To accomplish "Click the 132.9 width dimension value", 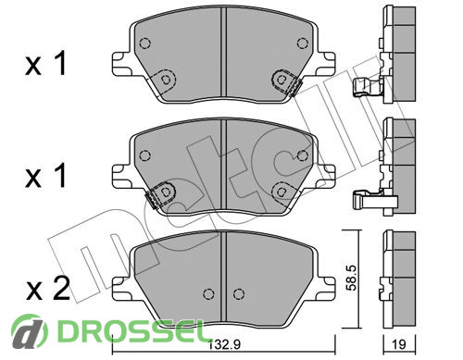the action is coord(225,344).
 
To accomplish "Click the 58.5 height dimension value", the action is coord(351,278).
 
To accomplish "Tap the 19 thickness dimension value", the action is coord(399,344).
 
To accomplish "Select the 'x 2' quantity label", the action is coord(48,289).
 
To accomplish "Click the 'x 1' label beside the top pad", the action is coord(45,64).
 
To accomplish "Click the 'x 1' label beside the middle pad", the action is coord(45,176).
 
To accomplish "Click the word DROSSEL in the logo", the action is coord(131,331).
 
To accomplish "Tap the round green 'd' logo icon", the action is coord(30,331).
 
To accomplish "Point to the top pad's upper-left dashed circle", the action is coord(145,43).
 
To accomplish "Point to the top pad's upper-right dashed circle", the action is coord(303,43).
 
